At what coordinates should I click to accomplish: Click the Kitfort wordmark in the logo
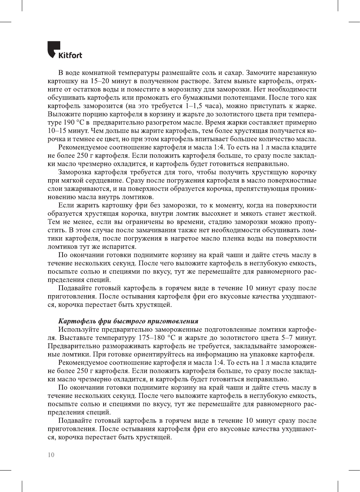tap(70, 55)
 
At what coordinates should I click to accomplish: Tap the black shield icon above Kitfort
tap(53, 49)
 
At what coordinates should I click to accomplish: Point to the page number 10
tap(51, 455)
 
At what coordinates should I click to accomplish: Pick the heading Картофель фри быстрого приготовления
tap(128, 321)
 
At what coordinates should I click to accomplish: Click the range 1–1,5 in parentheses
tap(196, 106)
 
